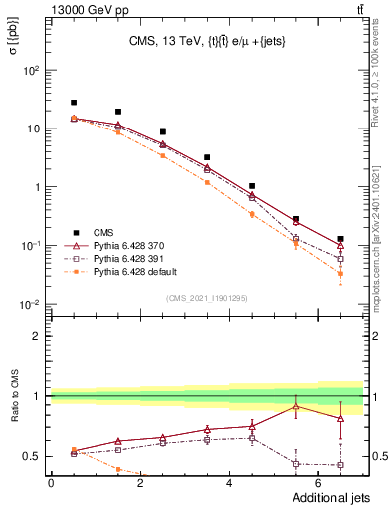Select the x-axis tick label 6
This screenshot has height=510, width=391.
tap(318, 485)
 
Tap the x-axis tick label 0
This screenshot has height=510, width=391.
tap(51, 485)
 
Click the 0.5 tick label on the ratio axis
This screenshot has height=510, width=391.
tap(32, 457)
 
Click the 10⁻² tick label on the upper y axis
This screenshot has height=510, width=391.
tap(30, 304)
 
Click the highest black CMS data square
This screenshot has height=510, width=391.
tap(74, 103)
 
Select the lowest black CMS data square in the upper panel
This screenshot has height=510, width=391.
tap(340, 239)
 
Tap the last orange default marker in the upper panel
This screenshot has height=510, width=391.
tap(340, 273)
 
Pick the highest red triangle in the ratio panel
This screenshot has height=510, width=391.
tap(295, 406)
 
